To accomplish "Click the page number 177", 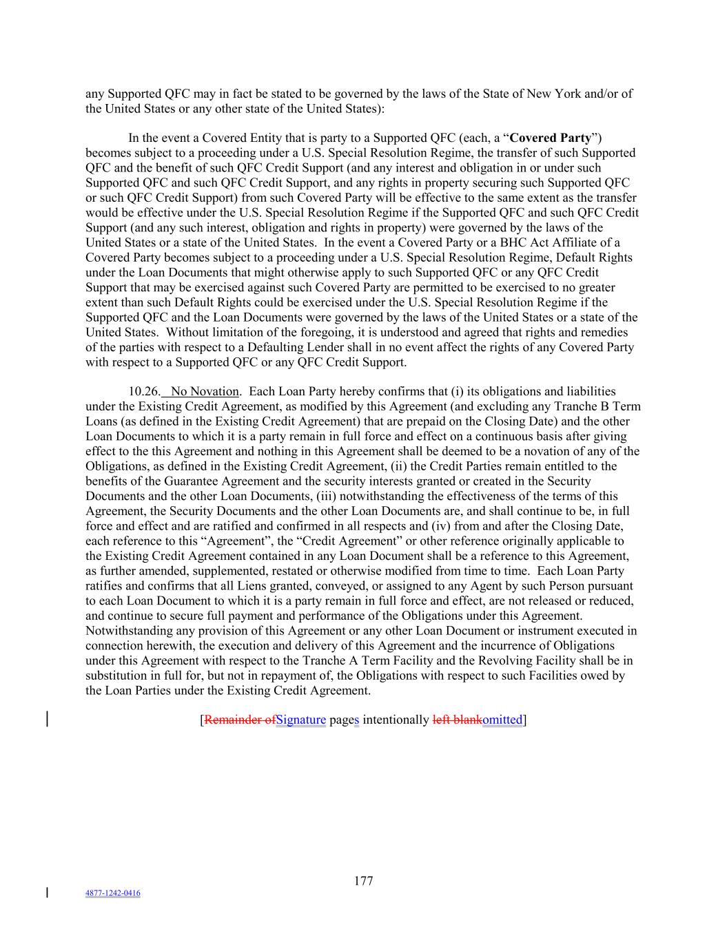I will pos(363,881).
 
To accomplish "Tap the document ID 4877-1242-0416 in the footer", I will pos(112,893).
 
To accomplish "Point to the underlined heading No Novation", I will pos(205,392).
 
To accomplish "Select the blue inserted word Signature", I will pos(300,720).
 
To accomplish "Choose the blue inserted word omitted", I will pos(502,720).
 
